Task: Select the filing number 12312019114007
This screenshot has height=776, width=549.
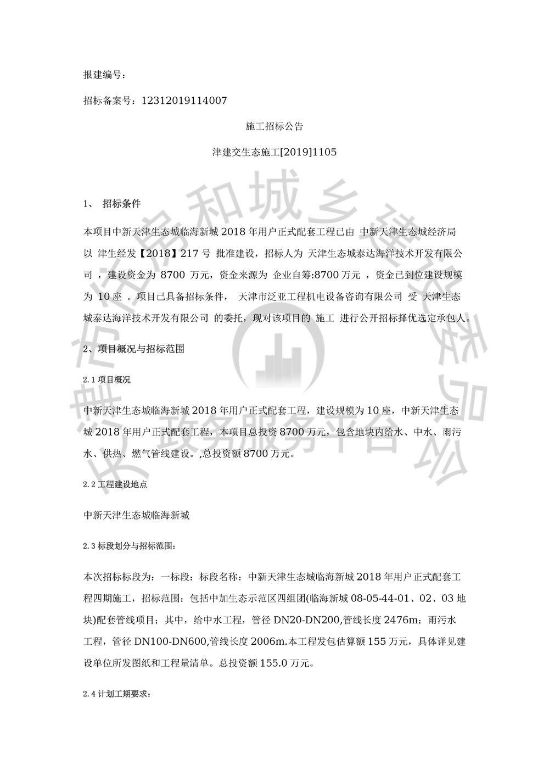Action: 184,101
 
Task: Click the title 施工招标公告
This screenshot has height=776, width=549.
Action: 274,127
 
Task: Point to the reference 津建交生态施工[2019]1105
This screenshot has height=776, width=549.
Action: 274,153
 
